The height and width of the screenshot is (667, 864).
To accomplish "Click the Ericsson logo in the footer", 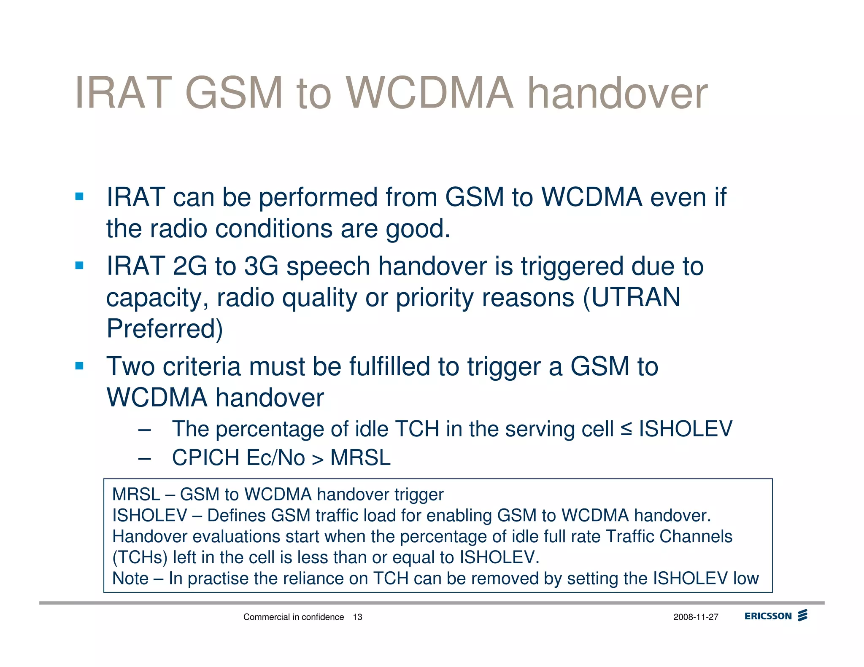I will click(x=775, y=616).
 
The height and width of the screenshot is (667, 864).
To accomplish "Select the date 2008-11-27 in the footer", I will click(x=696, y=617).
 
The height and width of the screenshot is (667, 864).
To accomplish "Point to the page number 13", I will click(x=357, y=617).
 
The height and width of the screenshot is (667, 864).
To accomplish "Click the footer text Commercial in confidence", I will click(x=294, y=617).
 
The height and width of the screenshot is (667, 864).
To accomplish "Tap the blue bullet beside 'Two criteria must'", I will click(x=79, y=366).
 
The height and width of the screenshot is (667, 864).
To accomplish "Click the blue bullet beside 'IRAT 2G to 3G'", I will click(x=79, y=266).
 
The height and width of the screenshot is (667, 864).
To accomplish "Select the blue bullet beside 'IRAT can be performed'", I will click(x=79, y=196).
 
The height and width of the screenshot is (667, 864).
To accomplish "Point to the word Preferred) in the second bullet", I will click(x=165, y=329).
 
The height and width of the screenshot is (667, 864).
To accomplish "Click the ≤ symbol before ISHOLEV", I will click(x=626, y=429).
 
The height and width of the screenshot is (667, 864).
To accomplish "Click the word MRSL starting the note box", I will click(x=136, y=495).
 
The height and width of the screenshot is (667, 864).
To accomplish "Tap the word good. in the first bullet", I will click(x=418, y=229).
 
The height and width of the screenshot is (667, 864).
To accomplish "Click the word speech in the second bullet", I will click(x=328, y=266).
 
